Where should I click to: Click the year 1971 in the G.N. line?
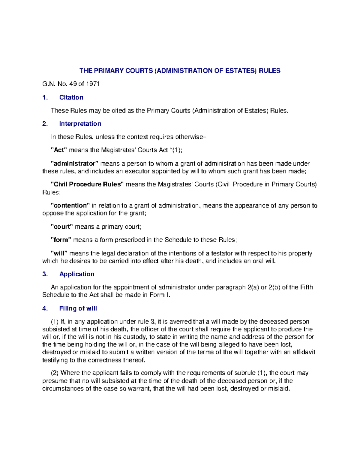(x=93, y=84)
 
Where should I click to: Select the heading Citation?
(x=71, y=97)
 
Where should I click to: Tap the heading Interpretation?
(x=80, y=124)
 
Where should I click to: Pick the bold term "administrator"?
(x=74, y=164)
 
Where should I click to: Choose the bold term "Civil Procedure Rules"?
(x=87, y=184)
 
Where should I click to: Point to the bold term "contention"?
(x=70, y=206)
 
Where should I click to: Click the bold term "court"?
(x=62, y=227)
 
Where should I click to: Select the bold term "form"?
(x=61, y=240)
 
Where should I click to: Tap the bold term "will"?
(x=59, y=253)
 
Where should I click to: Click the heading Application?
(x=77, y=274)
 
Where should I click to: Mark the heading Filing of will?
(x=78, y=308)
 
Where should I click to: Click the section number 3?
(x=45, y=274)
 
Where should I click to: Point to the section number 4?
(x=45, y=308)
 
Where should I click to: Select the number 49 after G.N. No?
(x=73, y=84)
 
